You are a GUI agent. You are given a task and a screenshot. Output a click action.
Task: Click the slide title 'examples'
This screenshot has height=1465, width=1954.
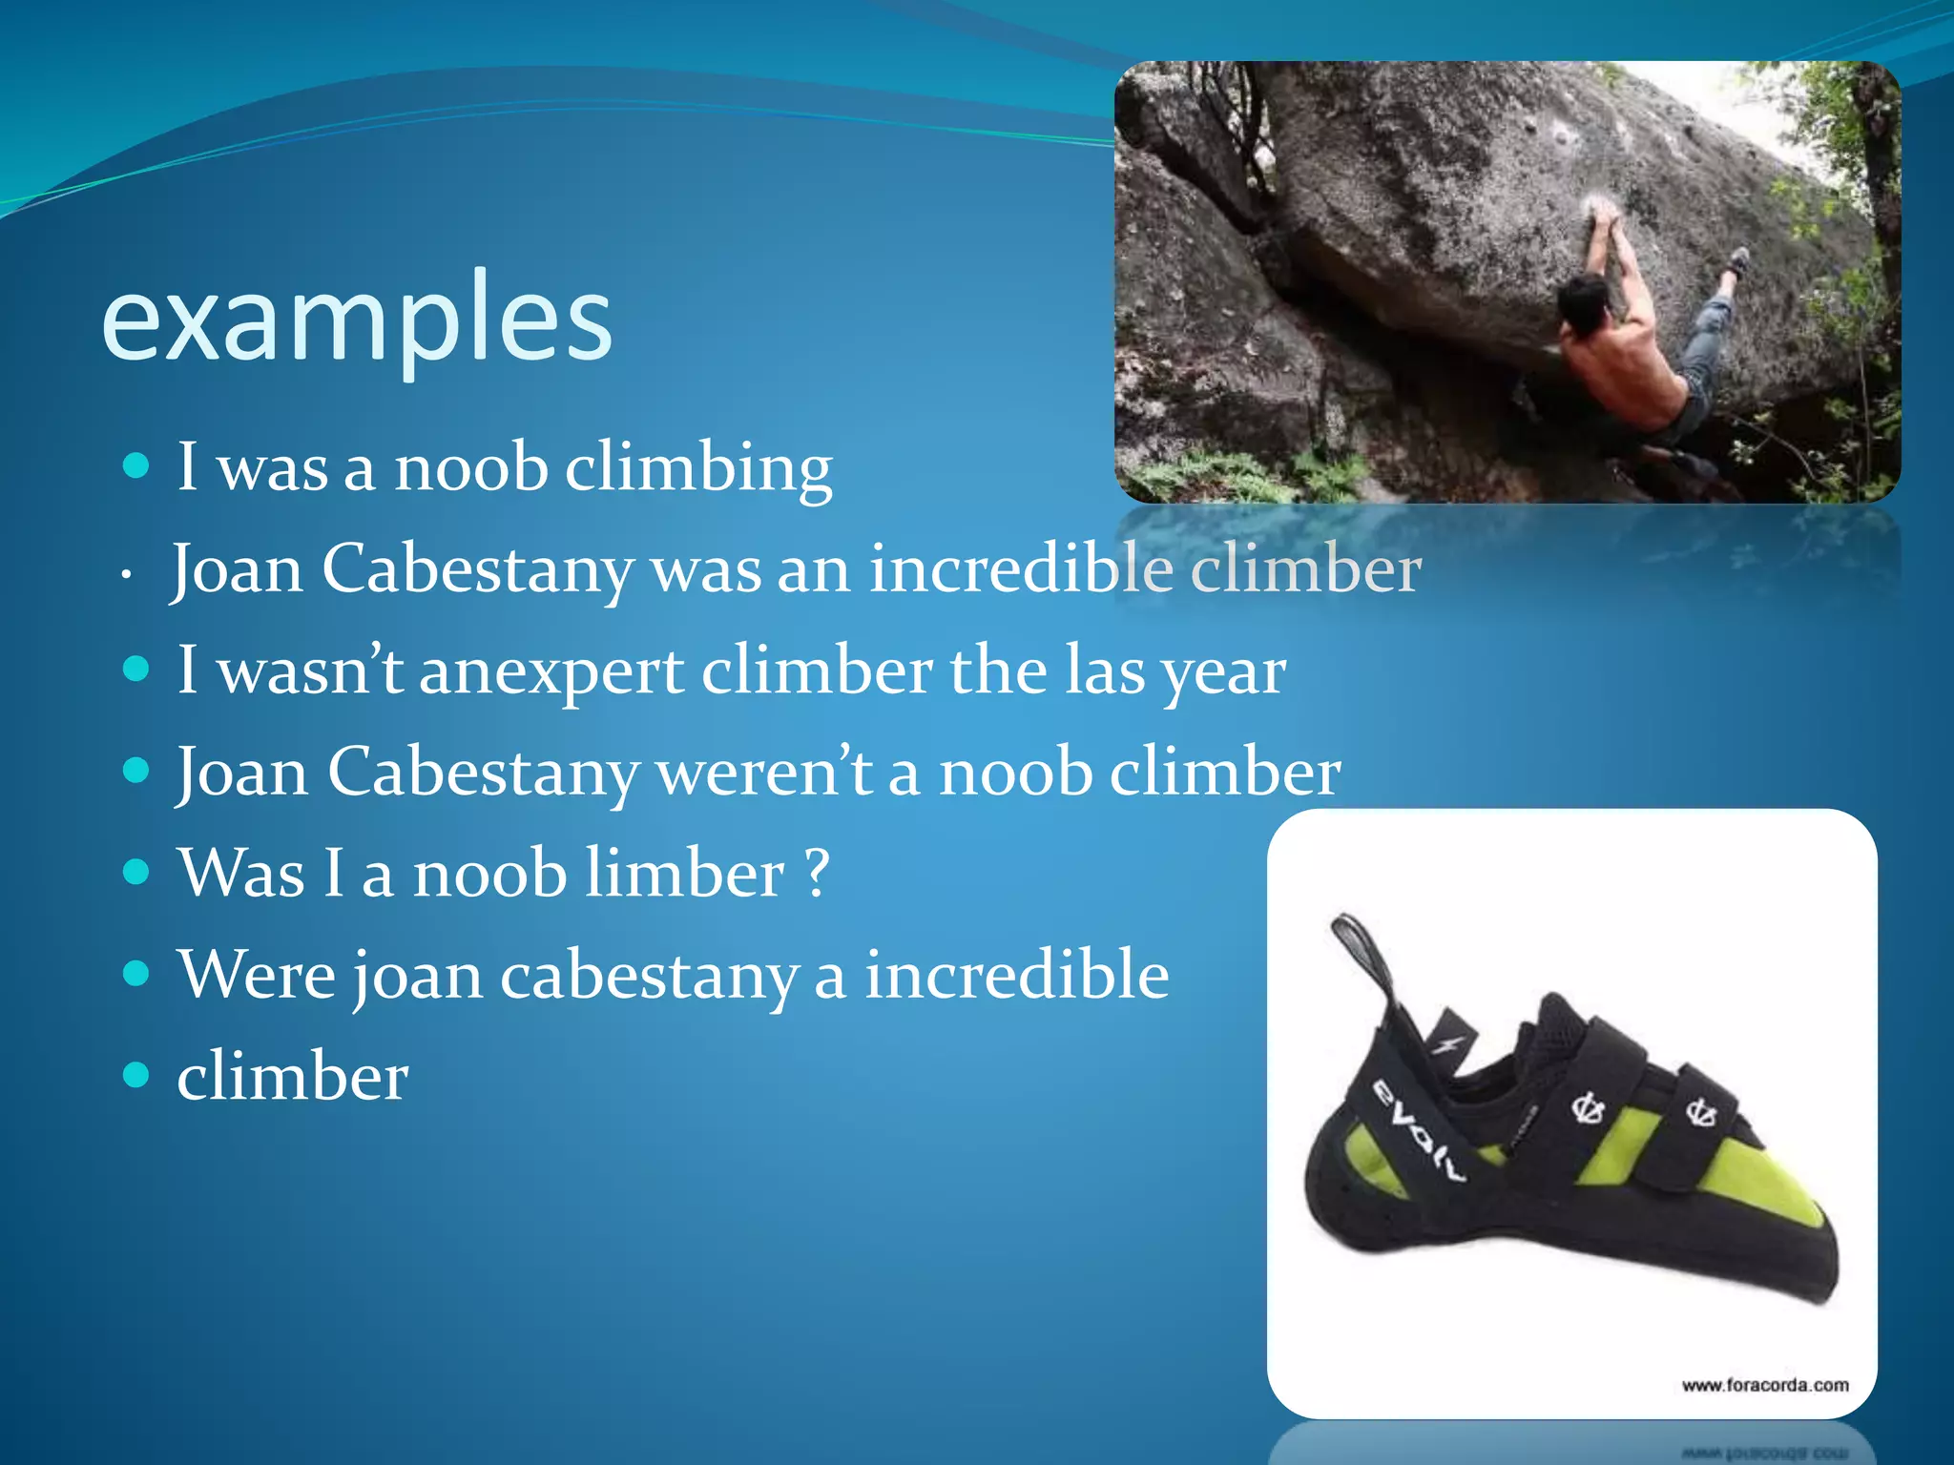(x=356, y=320)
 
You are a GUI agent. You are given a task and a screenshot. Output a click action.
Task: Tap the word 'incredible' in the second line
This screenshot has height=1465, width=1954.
(x=1020, y=569)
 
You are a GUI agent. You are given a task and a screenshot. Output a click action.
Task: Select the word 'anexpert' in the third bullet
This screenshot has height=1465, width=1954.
(x=551, y=671)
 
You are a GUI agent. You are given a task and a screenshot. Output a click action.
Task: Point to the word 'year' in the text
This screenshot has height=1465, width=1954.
(x=1223, y=672)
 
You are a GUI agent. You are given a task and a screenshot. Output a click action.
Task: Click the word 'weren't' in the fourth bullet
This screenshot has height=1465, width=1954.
(x=763, y=773)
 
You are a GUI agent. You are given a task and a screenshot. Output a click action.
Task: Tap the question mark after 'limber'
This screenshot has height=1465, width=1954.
(x=817, y=874)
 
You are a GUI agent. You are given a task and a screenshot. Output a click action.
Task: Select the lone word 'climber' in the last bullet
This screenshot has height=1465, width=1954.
(x=293, y=1077)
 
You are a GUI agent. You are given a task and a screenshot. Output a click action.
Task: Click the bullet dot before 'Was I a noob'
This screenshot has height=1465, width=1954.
(x=137, y=872)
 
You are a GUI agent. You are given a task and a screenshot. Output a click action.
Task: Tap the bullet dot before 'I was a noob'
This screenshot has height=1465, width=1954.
(x=137, y=466)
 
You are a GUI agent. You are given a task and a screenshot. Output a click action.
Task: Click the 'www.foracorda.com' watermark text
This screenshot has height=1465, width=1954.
(x=1764, y=1385)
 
